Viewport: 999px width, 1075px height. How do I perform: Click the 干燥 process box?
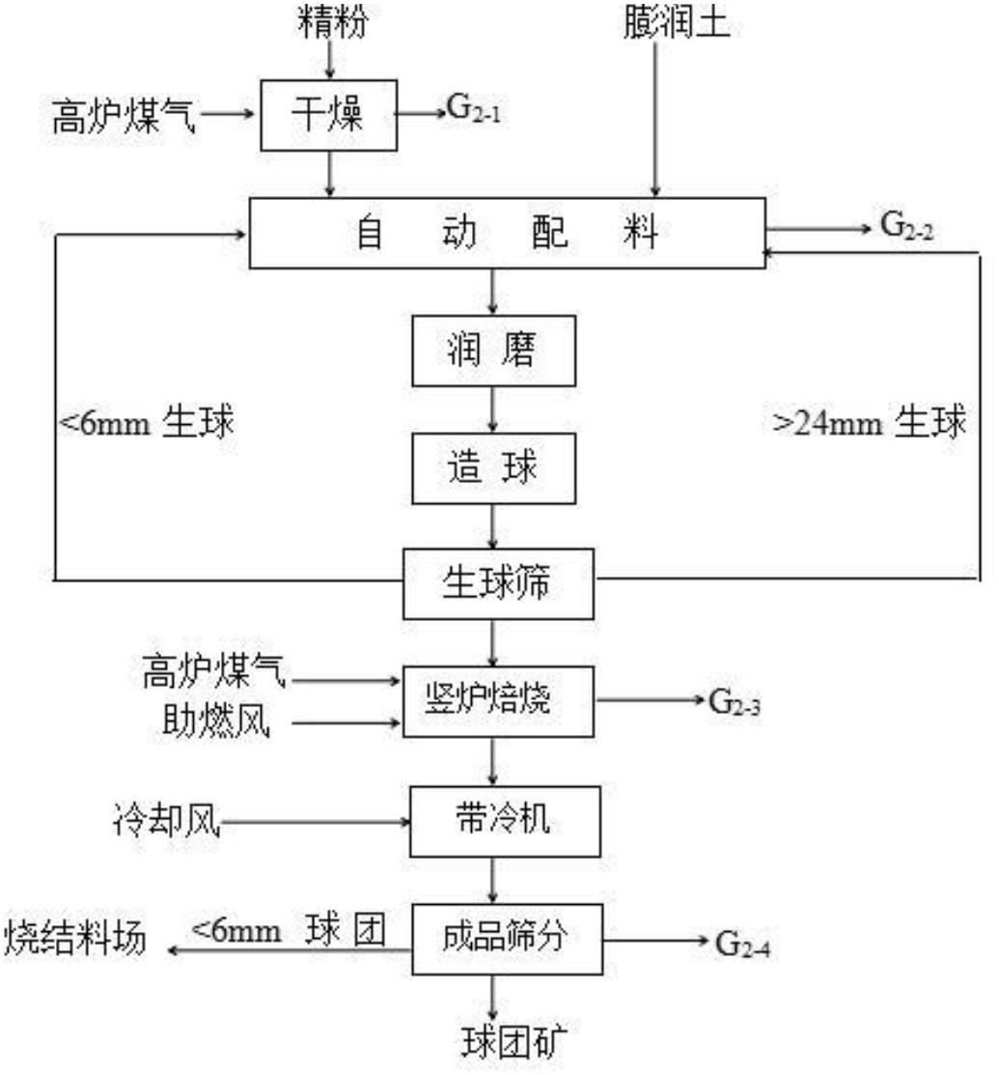click(329, 115)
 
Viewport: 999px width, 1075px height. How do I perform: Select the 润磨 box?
click(493, 351)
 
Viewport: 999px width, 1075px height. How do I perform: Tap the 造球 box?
click(493, 468)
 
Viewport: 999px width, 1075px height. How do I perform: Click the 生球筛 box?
click(498, 584)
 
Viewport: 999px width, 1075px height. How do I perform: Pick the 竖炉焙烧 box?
click(498, 701)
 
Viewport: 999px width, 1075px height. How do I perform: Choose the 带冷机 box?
click(505, 821)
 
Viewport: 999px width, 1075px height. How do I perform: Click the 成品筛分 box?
click(507, 939)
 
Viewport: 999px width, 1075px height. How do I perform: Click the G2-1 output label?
click(474, 110)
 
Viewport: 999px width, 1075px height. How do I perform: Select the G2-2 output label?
click(906, 226)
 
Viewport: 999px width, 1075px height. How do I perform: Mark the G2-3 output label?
click(734, 702)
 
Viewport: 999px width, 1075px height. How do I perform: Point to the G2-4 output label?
click(742, 944)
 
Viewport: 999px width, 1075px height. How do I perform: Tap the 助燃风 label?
click(216, 721)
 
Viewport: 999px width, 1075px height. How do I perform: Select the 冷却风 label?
click(166, 820)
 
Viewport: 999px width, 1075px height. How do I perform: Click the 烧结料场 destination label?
click(75, 937)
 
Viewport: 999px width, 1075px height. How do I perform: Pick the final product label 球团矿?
click(513, 1042)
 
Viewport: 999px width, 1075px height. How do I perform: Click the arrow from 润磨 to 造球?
click(492, 410)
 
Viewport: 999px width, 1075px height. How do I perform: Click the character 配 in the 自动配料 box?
click(550, 233)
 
